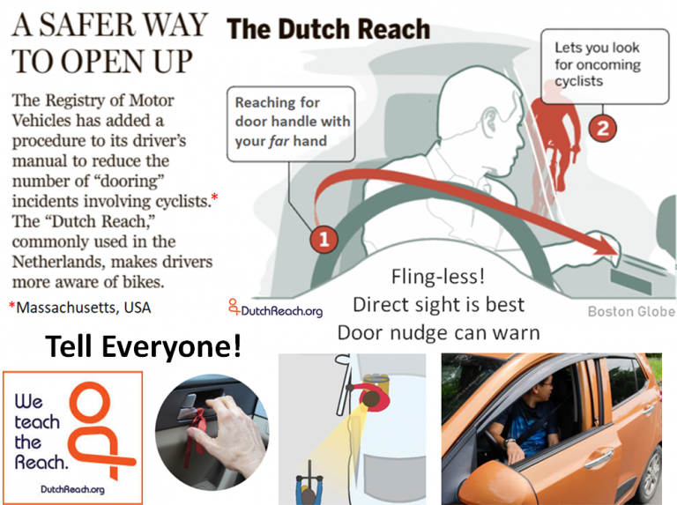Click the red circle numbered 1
324,239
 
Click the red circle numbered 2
602,128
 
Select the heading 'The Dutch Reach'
328,29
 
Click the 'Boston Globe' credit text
631,311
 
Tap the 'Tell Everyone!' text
143,346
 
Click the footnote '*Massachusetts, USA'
80,308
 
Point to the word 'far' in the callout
279,141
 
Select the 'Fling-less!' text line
438,277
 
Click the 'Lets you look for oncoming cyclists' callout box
605,66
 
